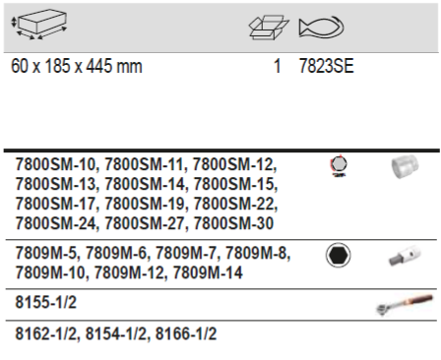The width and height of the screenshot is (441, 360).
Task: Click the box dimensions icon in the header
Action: pos(39,25)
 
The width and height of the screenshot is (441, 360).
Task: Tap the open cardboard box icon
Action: pos(269,28)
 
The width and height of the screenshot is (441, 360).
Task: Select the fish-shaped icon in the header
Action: pos(321,27)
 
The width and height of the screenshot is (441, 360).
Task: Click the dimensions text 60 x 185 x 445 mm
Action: pos(77,66)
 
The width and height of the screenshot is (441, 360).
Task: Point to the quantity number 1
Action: pos(278,66)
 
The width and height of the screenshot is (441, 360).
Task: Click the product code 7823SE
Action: pos(327,66)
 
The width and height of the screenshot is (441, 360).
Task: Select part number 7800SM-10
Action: pos(56,164)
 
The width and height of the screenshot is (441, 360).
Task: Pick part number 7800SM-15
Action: pos(234,184)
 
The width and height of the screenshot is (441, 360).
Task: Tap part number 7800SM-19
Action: pos(145,204)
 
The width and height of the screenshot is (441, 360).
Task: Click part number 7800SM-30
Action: pos(233,223)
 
